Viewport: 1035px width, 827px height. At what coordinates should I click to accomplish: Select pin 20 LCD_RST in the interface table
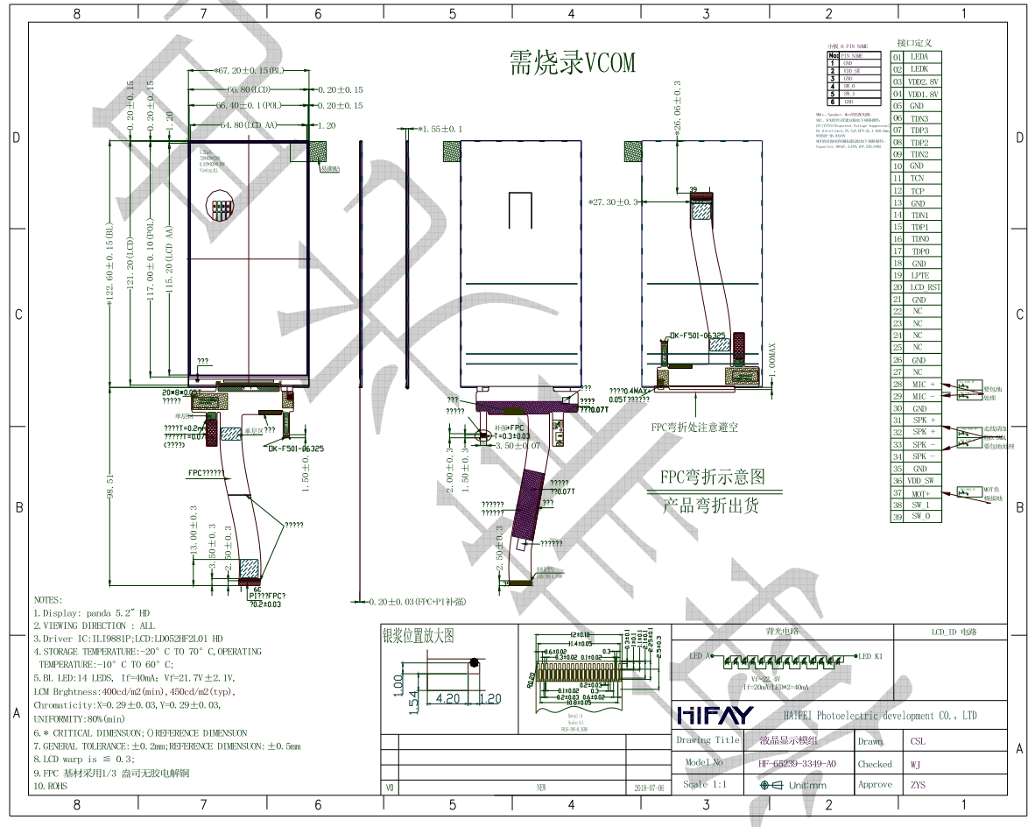[x=925, y=287]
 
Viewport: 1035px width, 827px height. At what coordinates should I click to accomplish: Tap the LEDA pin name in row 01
[x=919, y=57]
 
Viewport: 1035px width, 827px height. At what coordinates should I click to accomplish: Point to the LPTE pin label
[x=919, y=275]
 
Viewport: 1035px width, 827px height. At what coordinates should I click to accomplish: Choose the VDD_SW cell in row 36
[x=923, y=481]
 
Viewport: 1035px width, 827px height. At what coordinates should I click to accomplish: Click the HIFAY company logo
[x=715, y=717]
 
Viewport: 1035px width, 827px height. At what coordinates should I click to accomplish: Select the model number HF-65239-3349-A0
[x=797, y=764]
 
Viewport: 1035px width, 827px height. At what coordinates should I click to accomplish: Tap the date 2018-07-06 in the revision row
[x=648, y=788]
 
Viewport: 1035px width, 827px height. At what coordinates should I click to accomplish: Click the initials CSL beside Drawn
[x=917, y=740]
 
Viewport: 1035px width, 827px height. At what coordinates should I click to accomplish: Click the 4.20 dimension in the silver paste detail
[x=449, y=698]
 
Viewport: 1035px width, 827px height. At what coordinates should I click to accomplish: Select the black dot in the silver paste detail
[x=474, y=664]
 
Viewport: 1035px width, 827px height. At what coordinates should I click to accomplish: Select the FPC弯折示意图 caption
[x=712, y=477]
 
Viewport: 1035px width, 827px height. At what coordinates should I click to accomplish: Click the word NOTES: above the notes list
[x=47, y=600]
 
